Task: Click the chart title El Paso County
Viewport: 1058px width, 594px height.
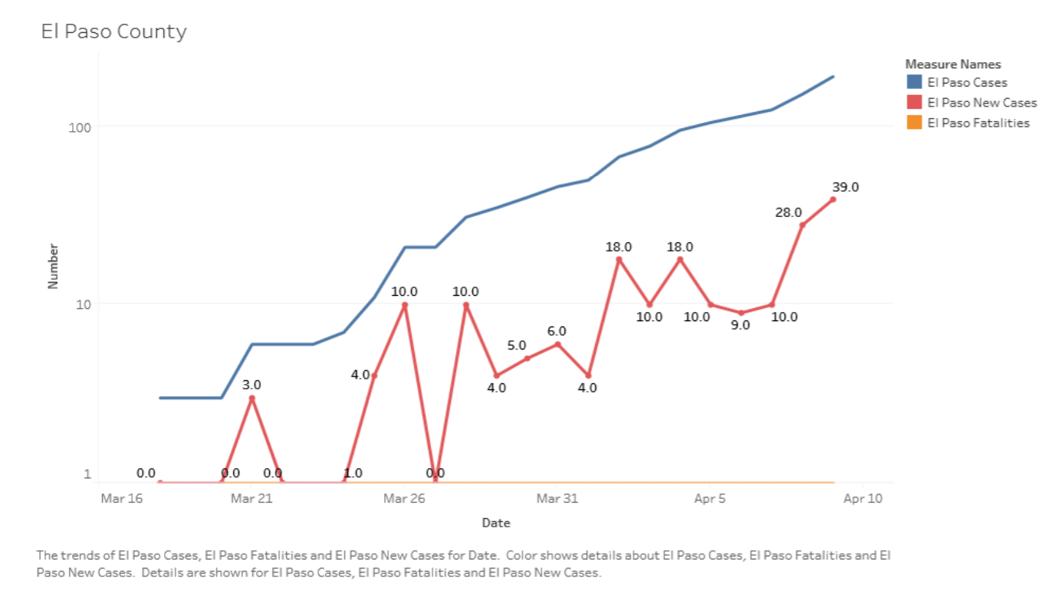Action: click(x=113, y=31)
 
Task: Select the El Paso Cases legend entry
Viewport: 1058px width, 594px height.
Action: click(x=967, y=82)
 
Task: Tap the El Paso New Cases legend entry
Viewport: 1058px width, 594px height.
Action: click(x=981, y=103)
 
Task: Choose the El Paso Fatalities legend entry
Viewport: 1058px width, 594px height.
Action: click(x=978, y=123)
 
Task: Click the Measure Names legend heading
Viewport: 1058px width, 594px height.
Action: click(x=953, y=64)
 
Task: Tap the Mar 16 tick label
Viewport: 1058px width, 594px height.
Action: click(x=121, y=499)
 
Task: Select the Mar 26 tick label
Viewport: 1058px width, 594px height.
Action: click(x=404, y=499)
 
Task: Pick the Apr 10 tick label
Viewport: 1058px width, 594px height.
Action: click(x=863, y=499)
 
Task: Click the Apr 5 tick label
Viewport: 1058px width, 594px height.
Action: click(x=710, y=499)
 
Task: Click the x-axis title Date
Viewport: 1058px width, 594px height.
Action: click(x=495, y=523)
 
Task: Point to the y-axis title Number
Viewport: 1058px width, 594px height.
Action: click(x=53, y=266)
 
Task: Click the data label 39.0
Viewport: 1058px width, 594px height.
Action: click(x=845, y=187)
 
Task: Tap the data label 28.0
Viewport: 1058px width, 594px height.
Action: click(x=788, y=212)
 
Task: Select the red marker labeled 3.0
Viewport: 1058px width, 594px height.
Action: click(x=251, y=399)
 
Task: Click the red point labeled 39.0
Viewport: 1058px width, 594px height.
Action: click(x=833, y=199)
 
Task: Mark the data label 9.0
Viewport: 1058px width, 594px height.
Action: click(x=741, y=325)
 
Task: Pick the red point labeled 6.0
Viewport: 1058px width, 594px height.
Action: click(x=557, y=344)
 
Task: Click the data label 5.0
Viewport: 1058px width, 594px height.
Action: click(x=517, y=346)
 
